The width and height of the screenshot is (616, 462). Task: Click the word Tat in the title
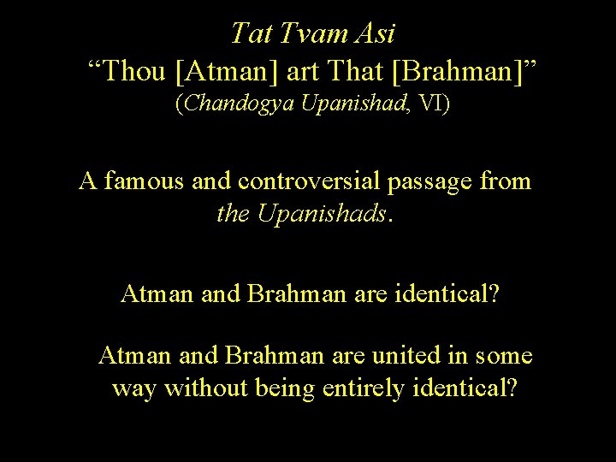(x=251, y=34)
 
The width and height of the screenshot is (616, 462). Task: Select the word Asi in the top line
(x=377, y=34)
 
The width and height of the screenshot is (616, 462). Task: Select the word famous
(x=142, y=181)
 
